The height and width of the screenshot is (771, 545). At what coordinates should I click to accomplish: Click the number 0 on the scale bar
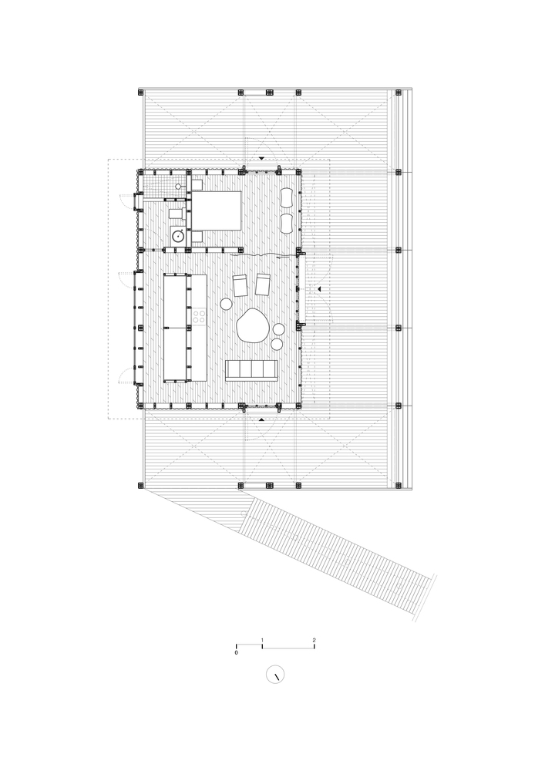click(x=237, y=653)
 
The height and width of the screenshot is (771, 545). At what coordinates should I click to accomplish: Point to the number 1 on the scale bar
click(x=262, y=640)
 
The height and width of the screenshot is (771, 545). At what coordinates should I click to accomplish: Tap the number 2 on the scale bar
click(x=314, y=640)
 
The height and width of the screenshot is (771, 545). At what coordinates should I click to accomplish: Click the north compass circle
click(x=275, y=674)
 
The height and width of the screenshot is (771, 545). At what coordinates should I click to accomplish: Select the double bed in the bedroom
click(x=217, y=211)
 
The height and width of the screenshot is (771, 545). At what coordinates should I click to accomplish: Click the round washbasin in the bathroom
click(x=178, y=235)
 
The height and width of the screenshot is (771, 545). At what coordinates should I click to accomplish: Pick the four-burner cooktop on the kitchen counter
click(x=199, y=317)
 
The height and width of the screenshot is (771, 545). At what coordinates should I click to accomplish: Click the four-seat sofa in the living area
click(x=251, y=370)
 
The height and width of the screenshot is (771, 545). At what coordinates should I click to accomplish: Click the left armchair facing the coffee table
click(x=241, y=286)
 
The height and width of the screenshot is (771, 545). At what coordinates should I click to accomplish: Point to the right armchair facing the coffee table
click(x=263, y=284)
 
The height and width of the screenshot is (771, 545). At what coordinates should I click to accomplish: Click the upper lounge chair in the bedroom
click(x=287, y=198)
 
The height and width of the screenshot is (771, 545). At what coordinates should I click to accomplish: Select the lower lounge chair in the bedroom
click(x=287, y=223)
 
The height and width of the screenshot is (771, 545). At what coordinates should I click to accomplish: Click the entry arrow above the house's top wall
click(x=262, y=158)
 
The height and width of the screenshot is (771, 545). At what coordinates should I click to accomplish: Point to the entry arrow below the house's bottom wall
click(x=262, y=420)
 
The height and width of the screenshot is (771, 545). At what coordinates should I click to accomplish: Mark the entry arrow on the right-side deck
click(x=318, y=290)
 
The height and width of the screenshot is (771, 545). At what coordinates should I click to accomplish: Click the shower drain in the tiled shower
click(x=178, y=187)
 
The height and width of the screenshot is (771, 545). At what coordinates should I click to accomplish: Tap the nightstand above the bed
click(x=197, y=185)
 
